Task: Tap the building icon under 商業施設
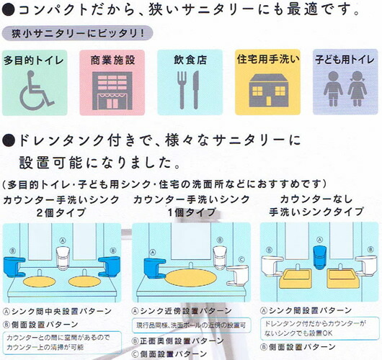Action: click(112, 91)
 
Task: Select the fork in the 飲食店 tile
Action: click(182, 90)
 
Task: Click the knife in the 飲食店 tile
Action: click(195, 90)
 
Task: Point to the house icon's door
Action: click(268, 101)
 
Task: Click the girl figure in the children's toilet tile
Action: click(357, 89)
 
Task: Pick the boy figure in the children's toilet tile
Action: click(333, 89)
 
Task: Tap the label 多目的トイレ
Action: click(34, 60)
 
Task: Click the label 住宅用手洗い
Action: click(268, 59)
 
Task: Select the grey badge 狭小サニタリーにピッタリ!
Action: click(77, 33)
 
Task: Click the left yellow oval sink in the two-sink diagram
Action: click(39, 282)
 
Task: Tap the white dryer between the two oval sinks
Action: click(63, 258)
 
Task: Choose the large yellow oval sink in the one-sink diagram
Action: click(191, 278)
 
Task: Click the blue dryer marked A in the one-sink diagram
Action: click(154, 268)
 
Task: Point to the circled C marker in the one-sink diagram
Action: click(241, 260)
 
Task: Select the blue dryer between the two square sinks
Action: click(320, 257)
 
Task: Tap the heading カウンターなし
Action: click(316, 199)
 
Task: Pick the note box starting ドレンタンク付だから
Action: click(319, 328)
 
